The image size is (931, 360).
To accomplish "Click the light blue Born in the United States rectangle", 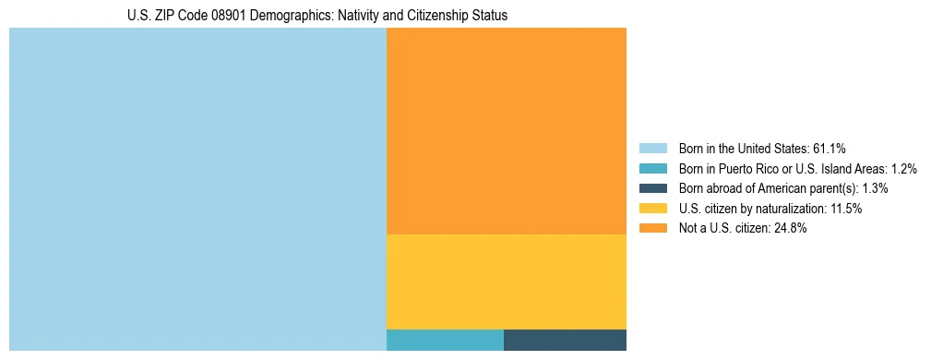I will (x=197, y=189).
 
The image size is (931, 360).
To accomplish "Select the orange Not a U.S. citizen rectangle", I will (x=506, y=131).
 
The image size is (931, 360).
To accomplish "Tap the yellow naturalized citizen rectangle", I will (x=506, y=282).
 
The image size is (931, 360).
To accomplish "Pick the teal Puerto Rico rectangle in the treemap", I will (x=445, y=340).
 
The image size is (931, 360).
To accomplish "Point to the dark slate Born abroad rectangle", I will (x=565, y=340).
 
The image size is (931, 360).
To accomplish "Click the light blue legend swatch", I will (x=652, y=148).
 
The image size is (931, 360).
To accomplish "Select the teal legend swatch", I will (x=652, y=168).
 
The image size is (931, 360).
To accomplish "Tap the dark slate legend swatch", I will (x=652, y=188).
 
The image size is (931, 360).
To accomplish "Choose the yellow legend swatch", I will (x=652, y=209).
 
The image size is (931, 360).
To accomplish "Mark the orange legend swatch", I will (x=652, y=229).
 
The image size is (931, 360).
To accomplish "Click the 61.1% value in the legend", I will (x=830, y=148).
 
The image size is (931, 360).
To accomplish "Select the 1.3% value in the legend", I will (x=875, y=188).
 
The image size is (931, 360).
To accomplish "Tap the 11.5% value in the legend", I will (x=846, y=209).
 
